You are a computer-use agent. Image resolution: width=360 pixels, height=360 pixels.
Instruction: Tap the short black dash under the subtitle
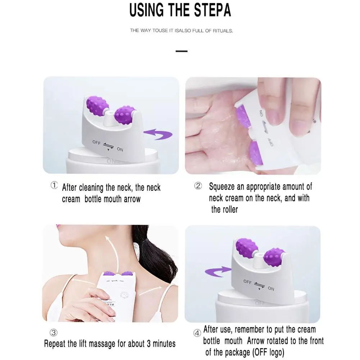tap(182, 51)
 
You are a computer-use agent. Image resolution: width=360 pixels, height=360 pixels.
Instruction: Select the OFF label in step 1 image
tap(96, 142)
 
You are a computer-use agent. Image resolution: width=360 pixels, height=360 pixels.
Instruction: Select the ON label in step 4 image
tap(271, 288)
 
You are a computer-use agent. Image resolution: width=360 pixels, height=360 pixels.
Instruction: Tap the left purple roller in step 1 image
tap(98, 105)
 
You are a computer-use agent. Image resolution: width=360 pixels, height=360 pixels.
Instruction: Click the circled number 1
tap(54, 186)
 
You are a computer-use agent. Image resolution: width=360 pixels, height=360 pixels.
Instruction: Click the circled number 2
tap(198, 186)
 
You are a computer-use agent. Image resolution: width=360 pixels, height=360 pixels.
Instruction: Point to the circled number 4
tap(197, 333)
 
